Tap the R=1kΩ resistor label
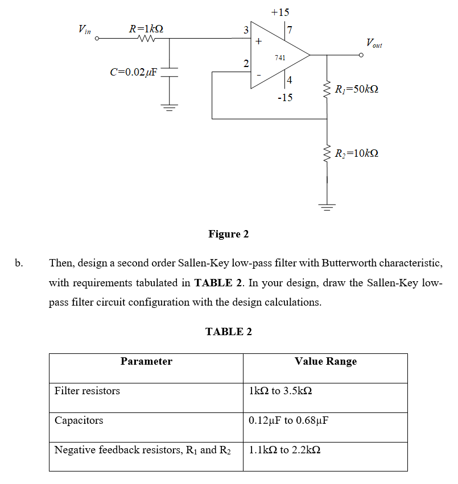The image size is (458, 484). tap(147, 28)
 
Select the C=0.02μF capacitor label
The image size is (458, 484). tap(134, 72)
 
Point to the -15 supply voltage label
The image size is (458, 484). tap(285, 98)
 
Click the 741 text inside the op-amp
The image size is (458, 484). tap(280, 57)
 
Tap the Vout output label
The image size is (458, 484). tap(374, 43)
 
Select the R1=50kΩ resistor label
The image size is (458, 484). tap(357, 89)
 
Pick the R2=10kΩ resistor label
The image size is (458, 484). tap(357, 153)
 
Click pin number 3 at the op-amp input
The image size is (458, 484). tap(246, 30)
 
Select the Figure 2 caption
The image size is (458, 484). tap(228, 234)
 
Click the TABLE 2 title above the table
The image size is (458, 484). tap(228, 332)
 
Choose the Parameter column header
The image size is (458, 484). tap(146, 361)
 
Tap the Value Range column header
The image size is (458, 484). tap(325, 361)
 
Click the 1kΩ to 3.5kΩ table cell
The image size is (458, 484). tap(281, 391)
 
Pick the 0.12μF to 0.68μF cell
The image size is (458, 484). tap(289, 420)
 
